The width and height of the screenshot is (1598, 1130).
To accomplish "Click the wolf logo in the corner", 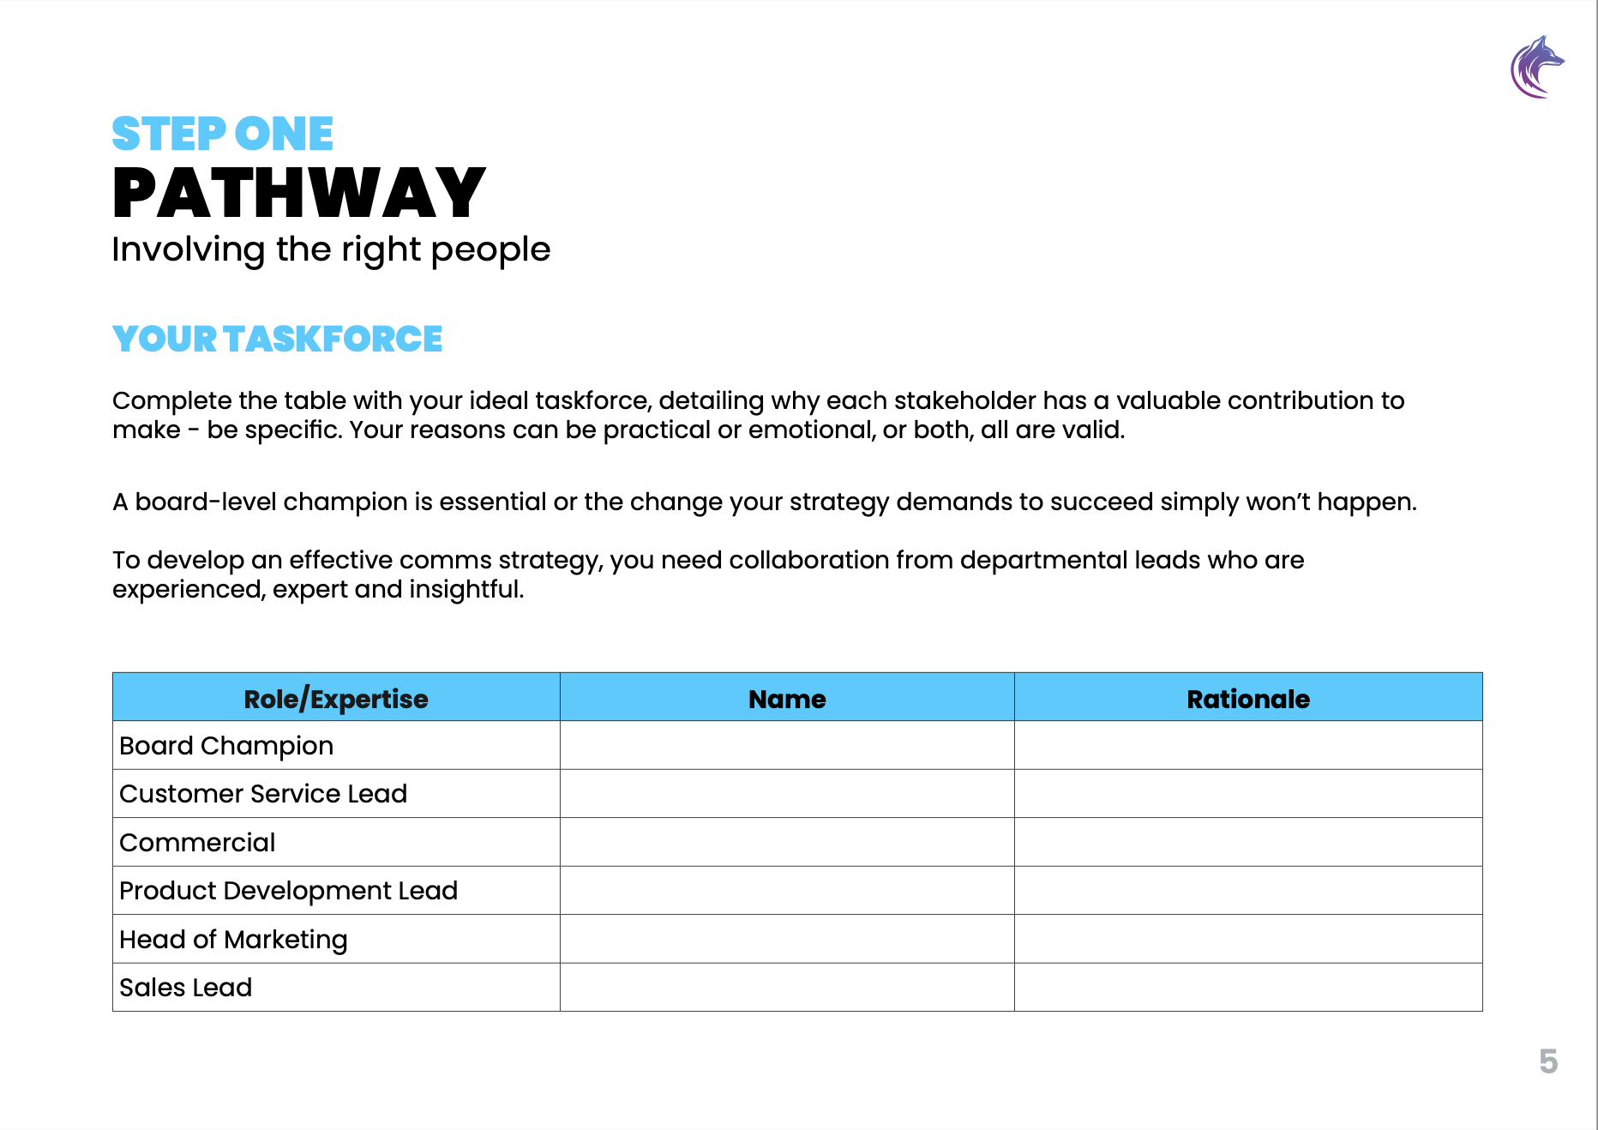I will pos(1537,67).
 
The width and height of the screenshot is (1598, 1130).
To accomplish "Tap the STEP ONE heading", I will pos(222,134).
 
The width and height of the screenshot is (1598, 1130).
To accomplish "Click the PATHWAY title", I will pos(298,193).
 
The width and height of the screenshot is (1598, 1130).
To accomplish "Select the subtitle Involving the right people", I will pos(331,249).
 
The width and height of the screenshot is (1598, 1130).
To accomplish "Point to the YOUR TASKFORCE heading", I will pos(277,340).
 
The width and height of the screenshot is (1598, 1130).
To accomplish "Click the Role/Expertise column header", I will pos(335,699).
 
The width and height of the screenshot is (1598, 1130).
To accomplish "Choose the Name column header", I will pos(787,699).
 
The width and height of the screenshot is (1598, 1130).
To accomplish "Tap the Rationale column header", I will pos(1247,699).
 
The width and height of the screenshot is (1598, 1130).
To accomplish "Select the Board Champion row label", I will pos(226,746).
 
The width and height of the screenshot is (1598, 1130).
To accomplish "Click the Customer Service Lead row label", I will pos(263,794).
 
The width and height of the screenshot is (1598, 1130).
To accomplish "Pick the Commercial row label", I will pos(197,843).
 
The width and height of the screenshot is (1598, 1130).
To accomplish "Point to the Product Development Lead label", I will pos(288,891).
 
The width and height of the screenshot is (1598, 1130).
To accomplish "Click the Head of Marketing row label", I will pos(233,940).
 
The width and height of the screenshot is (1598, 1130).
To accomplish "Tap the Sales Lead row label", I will pos(186,988).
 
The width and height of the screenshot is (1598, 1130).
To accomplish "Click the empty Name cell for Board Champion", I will pos(787,746).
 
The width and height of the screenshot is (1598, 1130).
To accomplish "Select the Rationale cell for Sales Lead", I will pos(1247,988).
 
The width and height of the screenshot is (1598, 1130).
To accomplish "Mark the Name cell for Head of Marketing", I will pos(787,940).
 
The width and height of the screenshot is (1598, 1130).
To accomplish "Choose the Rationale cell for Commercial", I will pos(1247,843).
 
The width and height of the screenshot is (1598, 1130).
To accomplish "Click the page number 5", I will pos(1548,1061).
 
